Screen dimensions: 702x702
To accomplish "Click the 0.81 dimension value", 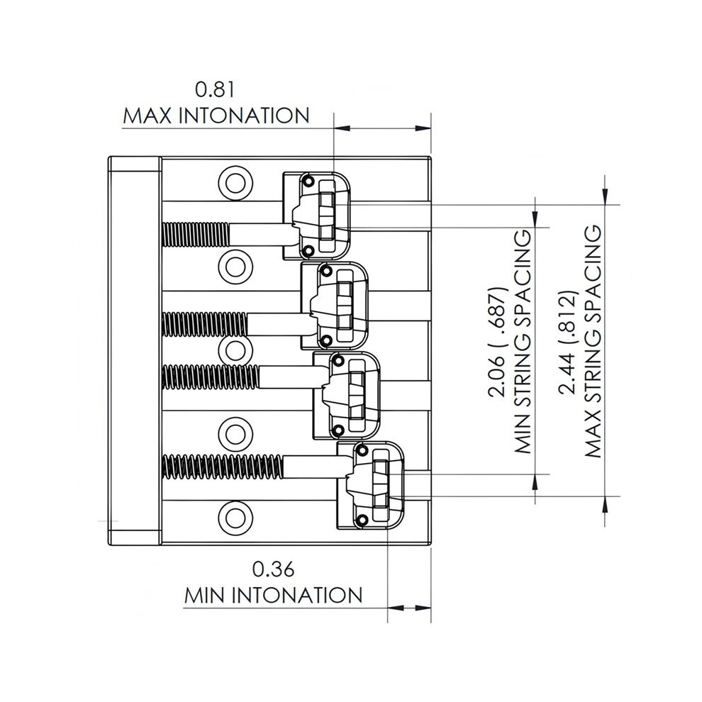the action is click(215, 90).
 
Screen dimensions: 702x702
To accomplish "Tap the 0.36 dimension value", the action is click(273, 569).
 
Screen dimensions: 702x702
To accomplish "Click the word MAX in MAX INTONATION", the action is click(147, 116).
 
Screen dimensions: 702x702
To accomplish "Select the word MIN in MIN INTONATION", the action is click(205, 596).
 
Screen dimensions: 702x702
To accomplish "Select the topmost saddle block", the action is click(316, 216).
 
